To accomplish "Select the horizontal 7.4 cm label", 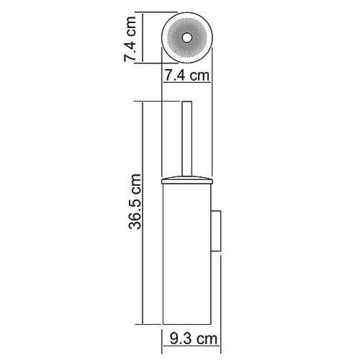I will pos(186,75).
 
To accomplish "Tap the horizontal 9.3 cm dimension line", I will pos(186,345).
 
